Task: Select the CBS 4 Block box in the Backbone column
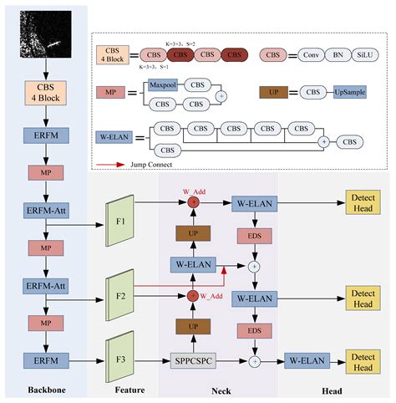pos(45,94)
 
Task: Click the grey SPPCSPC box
pos(194,361)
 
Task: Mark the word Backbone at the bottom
pos(43,390)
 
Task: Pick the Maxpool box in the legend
pos(164,85)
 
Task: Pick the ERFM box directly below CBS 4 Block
pos(45,134)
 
